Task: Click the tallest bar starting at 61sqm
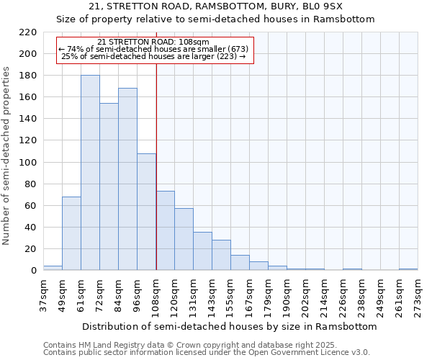(x=90, y=173)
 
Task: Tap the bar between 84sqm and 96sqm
(x=127, y=179)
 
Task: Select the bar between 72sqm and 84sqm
(x=109, y=186)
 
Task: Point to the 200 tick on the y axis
(x=29, y=54)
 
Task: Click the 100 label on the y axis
(x=29, y=163)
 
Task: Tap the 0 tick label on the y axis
(x=34, y=271)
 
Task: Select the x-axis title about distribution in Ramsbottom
(x=230, y=326)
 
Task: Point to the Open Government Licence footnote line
(x=207, y=353)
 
